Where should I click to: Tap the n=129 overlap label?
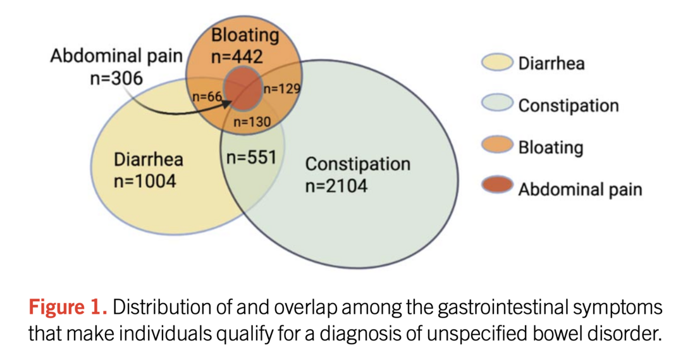pyautogui.click(x=281, y=89)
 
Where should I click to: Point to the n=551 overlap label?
pyautogui.click(x=251, y=157)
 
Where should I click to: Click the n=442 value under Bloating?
pyautogui.click(x=237, y=57)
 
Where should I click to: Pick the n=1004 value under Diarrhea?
pyautogui.click(x=145, y=181)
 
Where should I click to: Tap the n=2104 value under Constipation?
pyautogui.click(x=336, y=186)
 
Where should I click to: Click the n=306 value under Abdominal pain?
pyautogui.click(x=117, y=78)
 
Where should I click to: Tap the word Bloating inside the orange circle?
pyautogui.click(x=245, y=35)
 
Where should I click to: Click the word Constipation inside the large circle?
pyautogui.click(x=357, y=164)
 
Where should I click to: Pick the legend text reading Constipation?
pyautogui.click(x=568, y=105)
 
